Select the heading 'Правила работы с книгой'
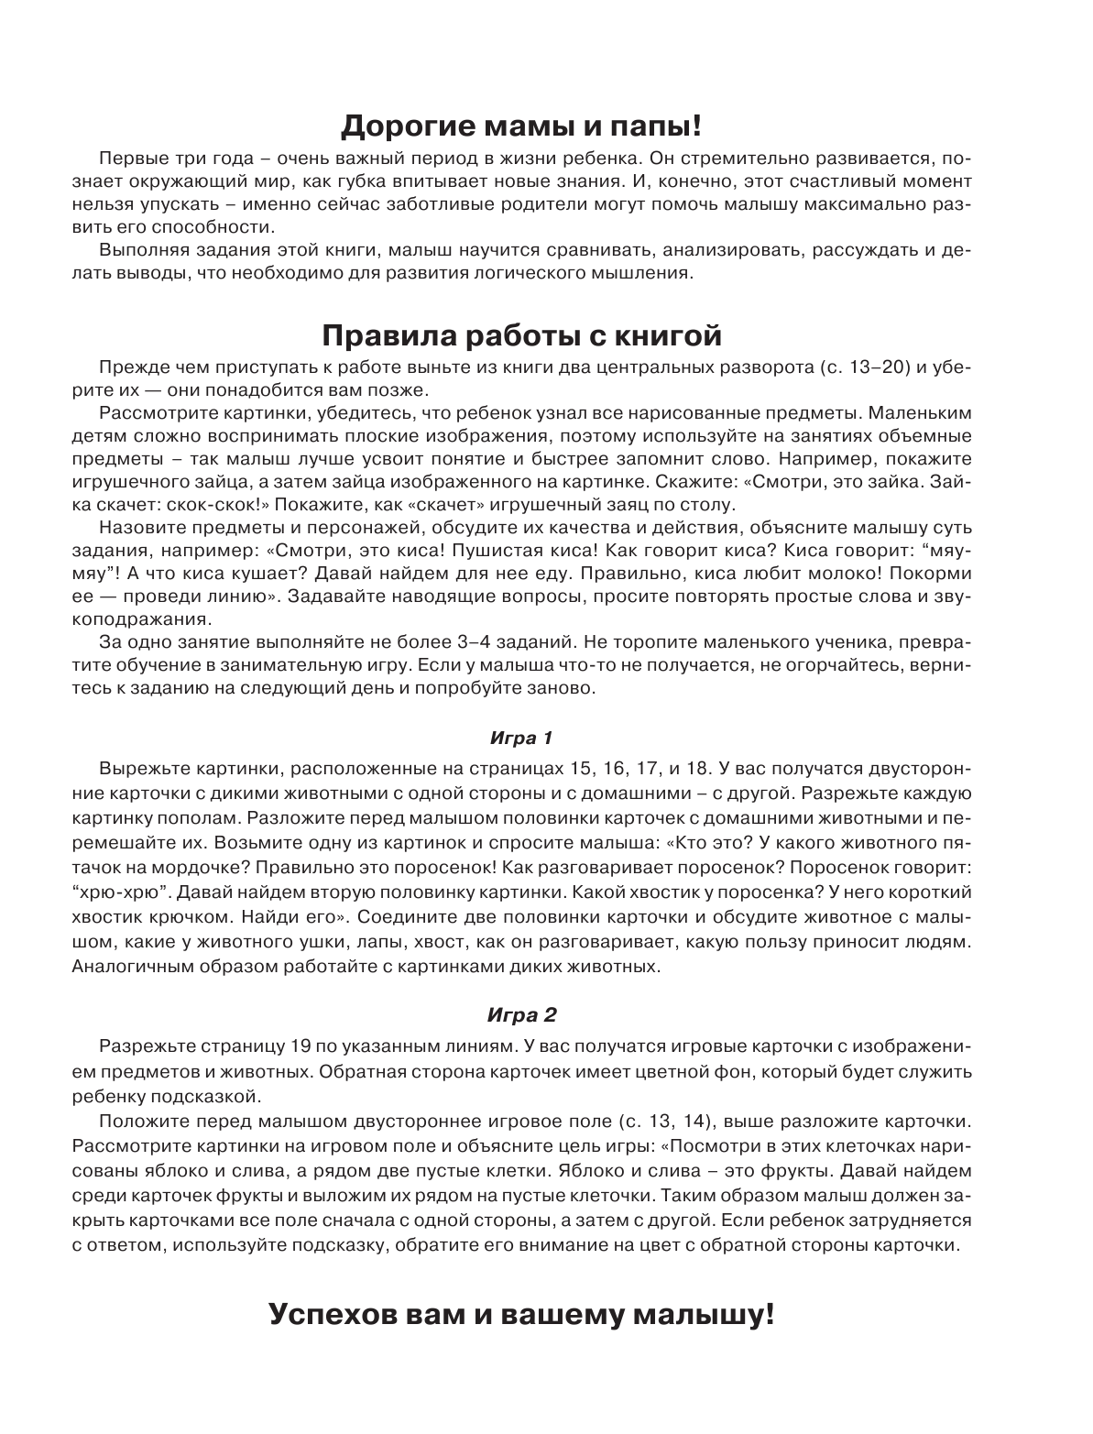point(521,335)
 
